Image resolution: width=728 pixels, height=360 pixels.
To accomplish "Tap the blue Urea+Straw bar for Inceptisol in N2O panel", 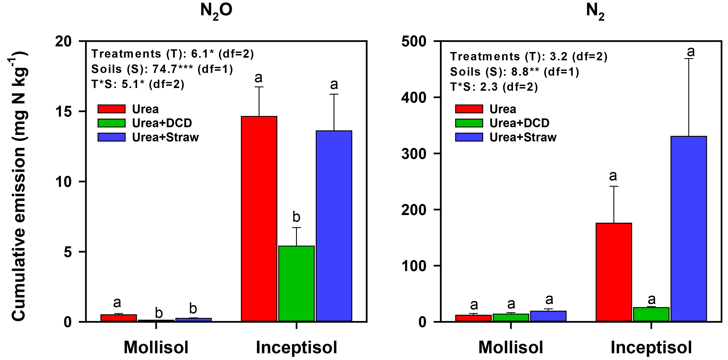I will [334, 226].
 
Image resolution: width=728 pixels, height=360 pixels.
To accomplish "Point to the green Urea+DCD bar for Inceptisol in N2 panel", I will [651, 314].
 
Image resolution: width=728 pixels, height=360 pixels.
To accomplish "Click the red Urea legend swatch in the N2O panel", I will [111, 109].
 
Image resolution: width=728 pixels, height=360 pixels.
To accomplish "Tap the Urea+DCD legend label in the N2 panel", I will [519, 123].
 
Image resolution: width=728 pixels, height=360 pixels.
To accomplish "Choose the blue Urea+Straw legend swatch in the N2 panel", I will [469, 137].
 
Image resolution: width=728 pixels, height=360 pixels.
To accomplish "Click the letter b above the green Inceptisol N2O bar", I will [296, 217].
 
